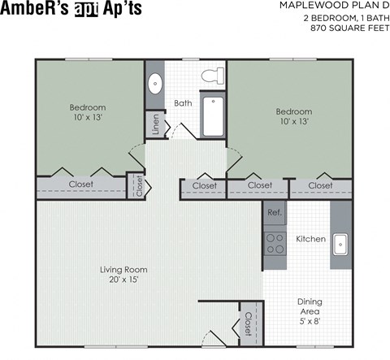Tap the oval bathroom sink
click(155, 83)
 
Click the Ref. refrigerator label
click(274, 212)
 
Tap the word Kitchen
click(310, 239)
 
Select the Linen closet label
click(154, 124)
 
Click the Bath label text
click(183, 103)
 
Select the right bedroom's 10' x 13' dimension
click(293, 122)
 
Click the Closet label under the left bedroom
click(80, 184)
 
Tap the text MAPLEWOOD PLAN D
click(332, 6)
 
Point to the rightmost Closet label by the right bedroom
click(320, 186)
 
